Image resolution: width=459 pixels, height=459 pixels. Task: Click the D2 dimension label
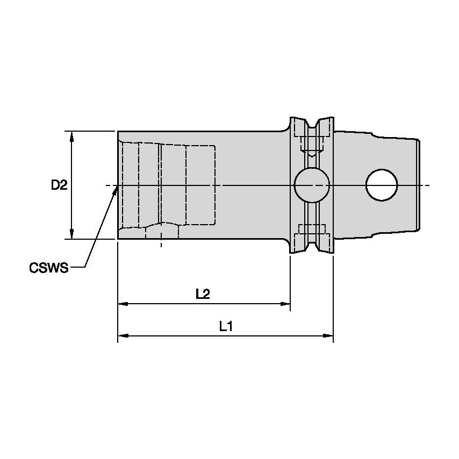pyautogui.click(x=59, y=185)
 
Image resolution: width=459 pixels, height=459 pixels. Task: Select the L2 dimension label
pyautogui.click(x=203, y=294)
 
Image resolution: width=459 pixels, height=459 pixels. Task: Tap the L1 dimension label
pyautogui.click(x=226, y=326)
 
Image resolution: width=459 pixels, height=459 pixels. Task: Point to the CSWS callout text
pyautogui.click(x=49, y=268)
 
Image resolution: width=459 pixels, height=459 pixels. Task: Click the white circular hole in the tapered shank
pyautogui.click(x=382, y=185)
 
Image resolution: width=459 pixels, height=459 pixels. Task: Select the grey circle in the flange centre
pyautogui.click(x=312, y=185)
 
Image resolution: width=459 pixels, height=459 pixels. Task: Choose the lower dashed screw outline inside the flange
pyautogui.click(x=312, y=228)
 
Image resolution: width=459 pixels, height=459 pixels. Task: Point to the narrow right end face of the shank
pyautogui.click(x=418, y=185)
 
